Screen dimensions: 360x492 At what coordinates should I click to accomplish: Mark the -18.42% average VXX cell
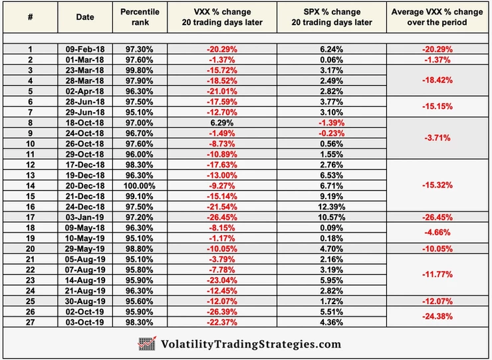437,79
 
